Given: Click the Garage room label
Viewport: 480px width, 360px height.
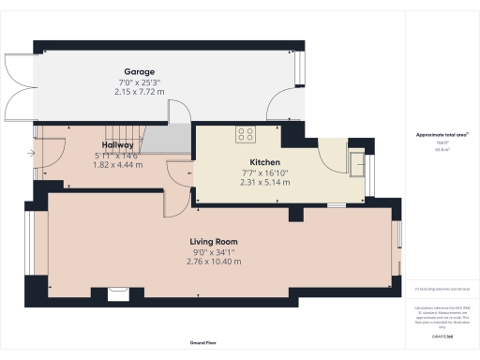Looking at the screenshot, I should (140, 71).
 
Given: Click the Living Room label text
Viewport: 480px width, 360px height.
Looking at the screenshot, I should (215, 241).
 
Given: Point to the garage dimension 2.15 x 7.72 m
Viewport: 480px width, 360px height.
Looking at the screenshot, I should (140, 92).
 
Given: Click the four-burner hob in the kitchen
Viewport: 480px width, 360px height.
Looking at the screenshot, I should (247, 134).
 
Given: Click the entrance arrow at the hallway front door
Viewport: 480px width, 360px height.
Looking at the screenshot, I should (33, 153).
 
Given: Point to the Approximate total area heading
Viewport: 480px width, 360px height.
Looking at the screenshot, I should (442, 135).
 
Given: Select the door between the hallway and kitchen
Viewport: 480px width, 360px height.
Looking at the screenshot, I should (179, 173).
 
